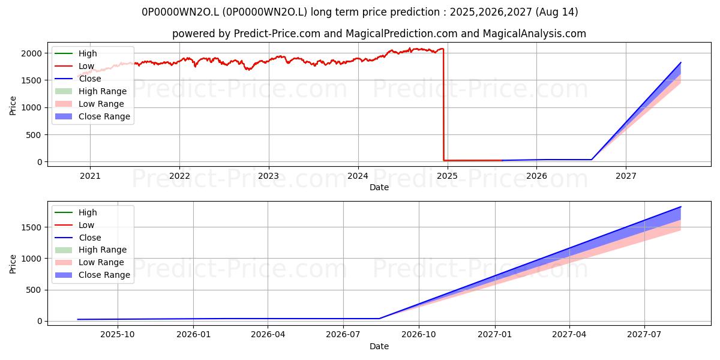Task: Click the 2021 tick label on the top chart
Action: click(x=90, y=176)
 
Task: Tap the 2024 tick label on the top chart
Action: click(x=358, y=176)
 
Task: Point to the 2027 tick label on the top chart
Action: click(x=625, y=176)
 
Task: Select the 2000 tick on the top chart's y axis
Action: click(x=31, y=53)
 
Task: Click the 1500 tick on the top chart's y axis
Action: click(x=31, y=80)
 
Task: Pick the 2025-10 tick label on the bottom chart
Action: click(x=118, y=335)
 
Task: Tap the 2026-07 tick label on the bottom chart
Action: click(x=343, y=335)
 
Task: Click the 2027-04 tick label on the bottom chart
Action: click(x=569, y=335)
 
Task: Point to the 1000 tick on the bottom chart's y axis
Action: click(x=31, y=259)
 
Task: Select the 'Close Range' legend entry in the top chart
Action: click(x=92, y=116)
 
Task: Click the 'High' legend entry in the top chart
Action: click(x=76, y=53)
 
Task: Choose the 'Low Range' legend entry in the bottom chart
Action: click(x=89, y=262)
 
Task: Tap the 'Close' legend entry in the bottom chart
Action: click(x=78, y=238)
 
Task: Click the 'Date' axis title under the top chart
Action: click(x=379, y=187)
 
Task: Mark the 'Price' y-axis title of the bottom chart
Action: click(x=13, y=264)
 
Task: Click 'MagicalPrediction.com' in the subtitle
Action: click(x=401, y=34)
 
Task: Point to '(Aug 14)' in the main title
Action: click(x=557, y=12)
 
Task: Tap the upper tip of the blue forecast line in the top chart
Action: click(x=681, y=62)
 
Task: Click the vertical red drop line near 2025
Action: click(x=443, y=104)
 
